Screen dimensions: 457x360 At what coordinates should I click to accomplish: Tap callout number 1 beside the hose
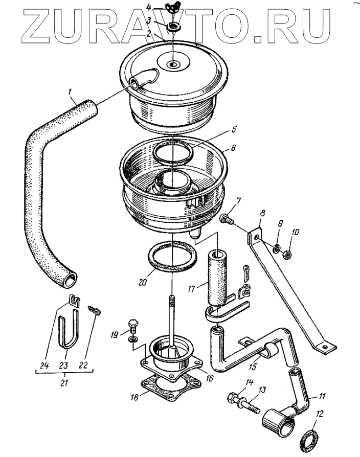click(x=71, y=92)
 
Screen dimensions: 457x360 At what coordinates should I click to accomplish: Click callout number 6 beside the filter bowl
click(x=232, y=147)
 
